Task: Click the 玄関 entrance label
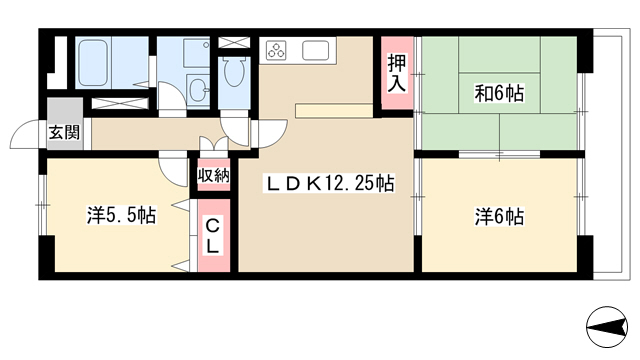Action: [x=64, y=133]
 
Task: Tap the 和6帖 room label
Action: [x=499, y=93]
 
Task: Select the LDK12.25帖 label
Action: [x=330, y=184]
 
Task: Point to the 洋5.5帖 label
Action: [x=121, y=215]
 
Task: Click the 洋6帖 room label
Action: [x=499, y=216]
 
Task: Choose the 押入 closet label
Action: [x=397, y=73]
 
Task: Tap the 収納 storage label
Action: [x=213, y=176]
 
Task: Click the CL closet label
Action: [x=212, y=236]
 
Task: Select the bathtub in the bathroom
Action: [x=93, y=62]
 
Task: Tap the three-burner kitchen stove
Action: [x=276, y=50]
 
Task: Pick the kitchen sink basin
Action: [x=316, y=50]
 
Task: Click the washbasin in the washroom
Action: [x=199, y=89]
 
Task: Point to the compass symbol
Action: [x=607, y=327]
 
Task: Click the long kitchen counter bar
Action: [x=334, y=110]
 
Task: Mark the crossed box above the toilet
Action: [x=234, y=42]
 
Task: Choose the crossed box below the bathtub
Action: [x=120, y=104]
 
